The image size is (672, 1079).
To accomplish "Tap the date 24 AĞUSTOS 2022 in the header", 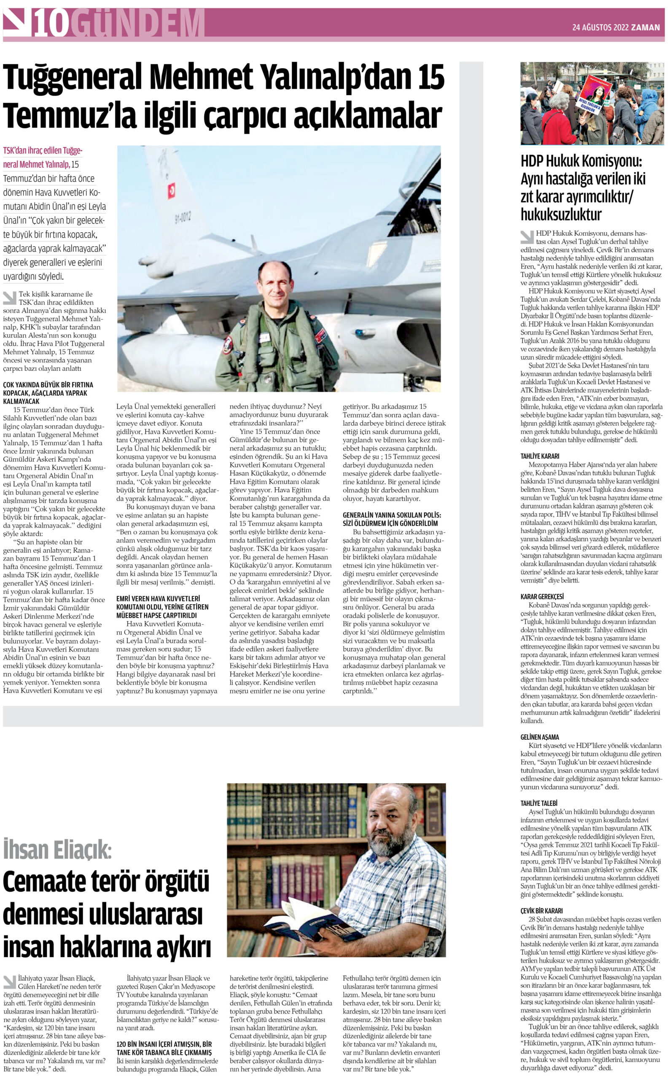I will [x=600, y=27].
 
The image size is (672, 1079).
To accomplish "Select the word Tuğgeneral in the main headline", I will [x=73, y=77].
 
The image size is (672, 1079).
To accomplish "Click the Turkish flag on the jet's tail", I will [x=172, y=191].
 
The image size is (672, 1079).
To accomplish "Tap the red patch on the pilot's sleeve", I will [x=228, y=344].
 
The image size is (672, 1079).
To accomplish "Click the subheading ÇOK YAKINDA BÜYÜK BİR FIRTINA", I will [x=48, y=385].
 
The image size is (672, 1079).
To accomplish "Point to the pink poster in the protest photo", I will [x=595, y=96].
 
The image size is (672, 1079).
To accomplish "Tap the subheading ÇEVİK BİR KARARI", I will [x=541, y=910].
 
